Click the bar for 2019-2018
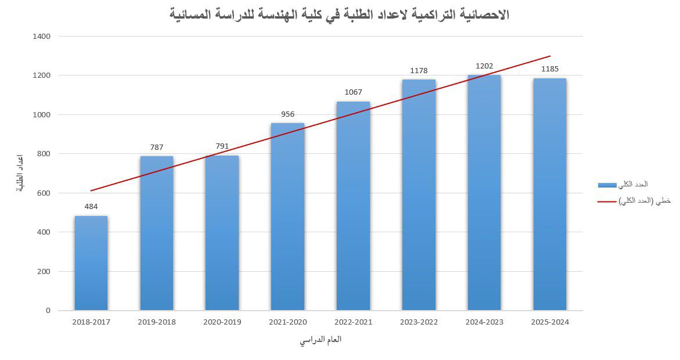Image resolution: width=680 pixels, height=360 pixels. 156,233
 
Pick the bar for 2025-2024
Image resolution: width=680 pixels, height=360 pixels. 550,194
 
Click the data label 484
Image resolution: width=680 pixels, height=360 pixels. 91,206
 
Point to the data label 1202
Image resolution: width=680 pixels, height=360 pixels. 484,66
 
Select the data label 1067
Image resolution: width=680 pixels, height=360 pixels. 353,92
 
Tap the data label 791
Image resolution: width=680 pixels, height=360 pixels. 222,146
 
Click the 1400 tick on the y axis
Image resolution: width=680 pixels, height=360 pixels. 42,37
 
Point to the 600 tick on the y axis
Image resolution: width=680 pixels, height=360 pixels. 45,193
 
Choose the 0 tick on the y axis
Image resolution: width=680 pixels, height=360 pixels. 48,311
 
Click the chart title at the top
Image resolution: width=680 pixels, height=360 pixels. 340,15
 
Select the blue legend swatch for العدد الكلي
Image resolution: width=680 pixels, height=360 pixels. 607,185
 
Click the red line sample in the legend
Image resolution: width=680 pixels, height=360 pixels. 607,201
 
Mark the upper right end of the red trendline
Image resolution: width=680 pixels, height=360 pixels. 550,56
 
